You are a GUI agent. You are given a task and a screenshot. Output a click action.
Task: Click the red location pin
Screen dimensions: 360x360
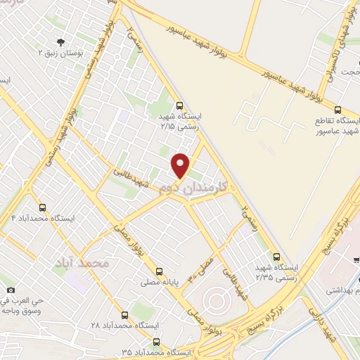click(x=181, y=165)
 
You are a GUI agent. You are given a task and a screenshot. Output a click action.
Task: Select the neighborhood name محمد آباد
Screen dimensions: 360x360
click(x=82, y=262)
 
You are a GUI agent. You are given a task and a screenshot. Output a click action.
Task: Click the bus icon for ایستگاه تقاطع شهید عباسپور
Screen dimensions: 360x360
click(x=337, y=109)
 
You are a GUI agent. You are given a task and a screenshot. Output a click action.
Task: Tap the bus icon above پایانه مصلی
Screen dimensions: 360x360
click(x=158, y=271)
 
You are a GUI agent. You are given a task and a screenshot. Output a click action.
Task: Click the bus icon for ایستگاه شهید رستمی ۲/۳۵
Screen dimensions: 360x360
click(x=276, y=257)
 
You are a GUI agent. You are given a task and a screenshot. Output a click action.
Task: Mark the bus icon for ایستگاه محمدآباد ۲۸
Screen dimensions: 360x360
click(x=124, y=315)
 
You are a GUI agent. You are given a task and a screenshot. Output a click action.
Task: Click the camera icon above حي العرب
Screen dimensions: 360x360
click(x=10, y=290)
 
